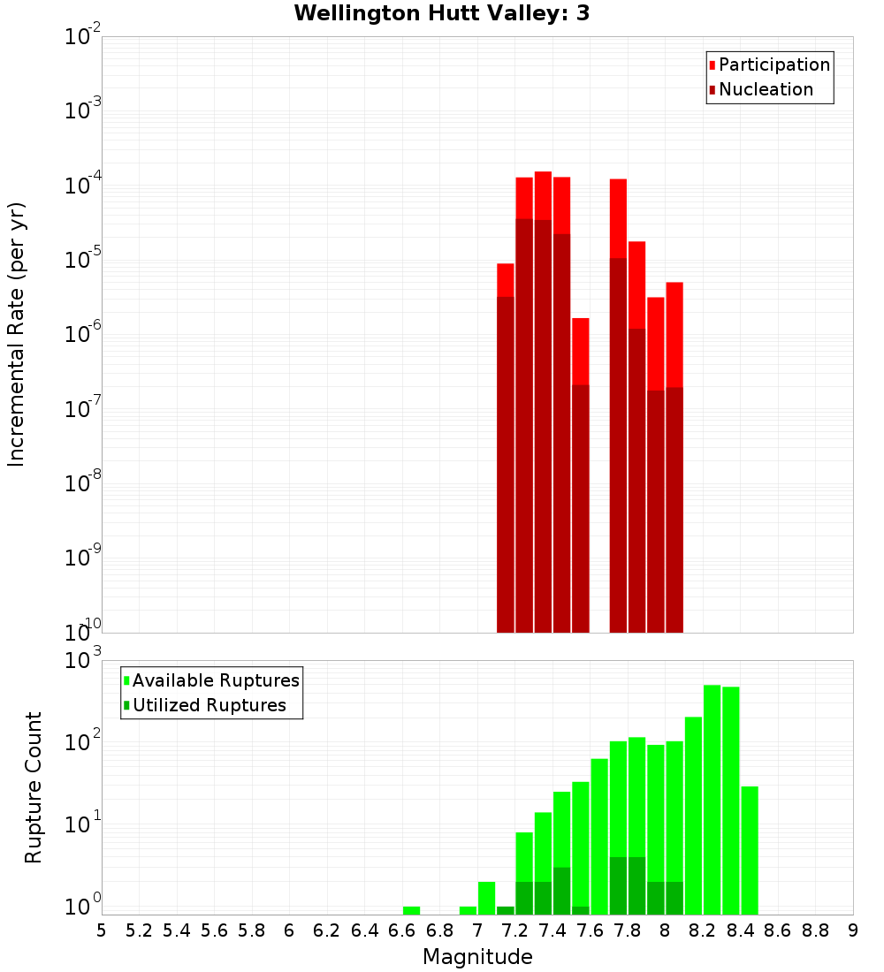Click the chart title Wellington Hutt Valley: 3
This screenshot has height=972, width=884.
(x=441, y=13)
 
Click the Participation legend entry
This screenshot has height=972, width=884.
(x=773, y=65)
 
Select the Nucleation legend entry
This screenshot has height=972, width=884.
(x=766, y=89)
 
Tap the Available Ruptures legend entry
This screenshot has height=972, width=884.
(x=215, y=680)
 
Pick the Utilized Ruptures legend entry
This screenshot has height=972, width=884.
(x=209, y=705)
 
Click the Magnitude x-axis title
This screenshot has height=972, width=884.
(x=477, y=957)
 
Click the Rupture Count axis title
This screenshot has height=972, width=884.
(x=34, y=787)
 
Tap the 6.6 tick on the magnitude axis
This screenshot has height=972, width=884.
(x=401, y=930)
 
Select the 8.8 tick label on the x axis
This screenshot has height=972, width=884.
(x=815, y=930)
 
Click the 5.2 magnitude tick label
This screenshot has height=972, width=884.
(x=139, y=930)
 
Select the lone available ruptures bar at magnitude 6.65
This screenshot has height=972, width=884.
(x=411, y=910)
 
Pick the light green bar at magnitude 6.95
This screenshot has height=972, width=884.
(x=468, y=910)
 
